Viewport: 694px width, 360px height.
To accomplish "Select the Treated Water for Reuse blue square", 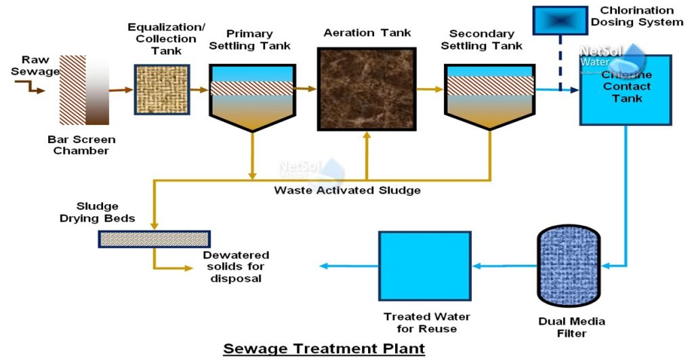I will pyautogui.click(x=424, y=266).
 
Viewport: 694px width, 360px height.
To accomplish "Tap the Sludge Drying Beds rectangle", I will pyautogui.click(x=154, y=239).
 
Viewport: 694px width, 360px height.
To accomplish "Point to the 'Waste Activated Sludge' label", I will pyautogui.click(x=347, y=191).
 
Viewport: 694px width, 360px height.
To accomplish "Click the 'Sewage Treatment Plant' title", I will pyautogui.click(x=324, y=348).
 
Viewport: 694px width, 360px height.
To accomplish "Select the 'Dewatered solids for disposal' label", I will pyautogui.click(x=236, y=266).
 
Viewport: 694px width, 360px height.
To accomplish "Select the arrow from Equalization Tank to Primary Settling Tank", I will pyautogui.click(x=199, y=89).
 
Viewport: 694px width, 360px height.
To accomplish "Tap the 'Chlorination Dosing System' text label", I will pyautogui.click(x=637, y=16).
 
